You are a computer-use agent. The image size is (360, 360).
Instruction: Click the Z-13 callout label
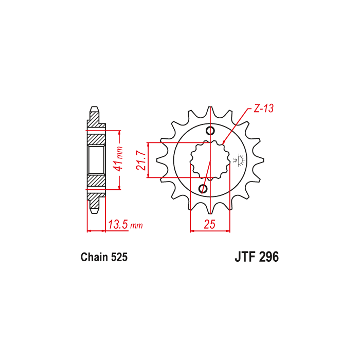coord(263,109)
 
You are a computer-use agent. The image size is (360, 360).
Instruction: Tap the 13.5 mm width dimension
coord(125,225)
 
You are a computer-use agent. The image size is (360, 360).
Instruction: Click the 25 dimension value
coord(210,224)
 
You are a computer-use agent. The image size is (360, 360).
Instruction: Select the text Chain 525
coord(104,257)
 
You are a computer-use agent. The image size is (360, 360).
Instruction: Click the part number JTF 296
coord(257,257)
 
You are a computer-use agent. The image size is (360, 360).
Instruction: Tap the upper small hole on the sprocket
coord(210,131)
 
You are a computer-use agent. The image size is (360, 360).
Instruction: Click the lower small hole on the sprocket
coord(203,189)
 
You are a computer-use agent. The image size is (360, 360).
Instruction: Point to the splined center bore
coord(210,160)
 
